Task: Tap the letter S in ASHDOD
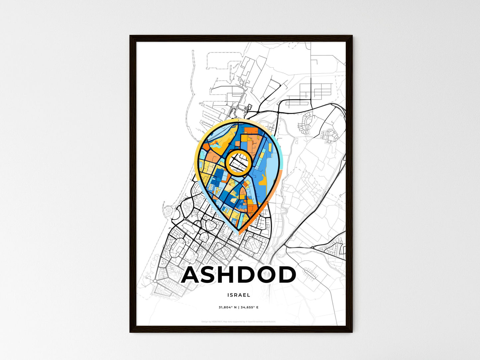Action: coord(213,275)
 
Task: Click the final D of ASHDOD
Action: coord(285,275)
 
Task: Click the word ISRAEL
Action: coord(239,295)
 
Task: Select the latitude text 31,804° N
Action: coord(228,308)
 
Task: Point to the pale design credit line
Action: coord(239,322)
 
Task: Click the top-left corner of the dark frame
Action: coord(131,36)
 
